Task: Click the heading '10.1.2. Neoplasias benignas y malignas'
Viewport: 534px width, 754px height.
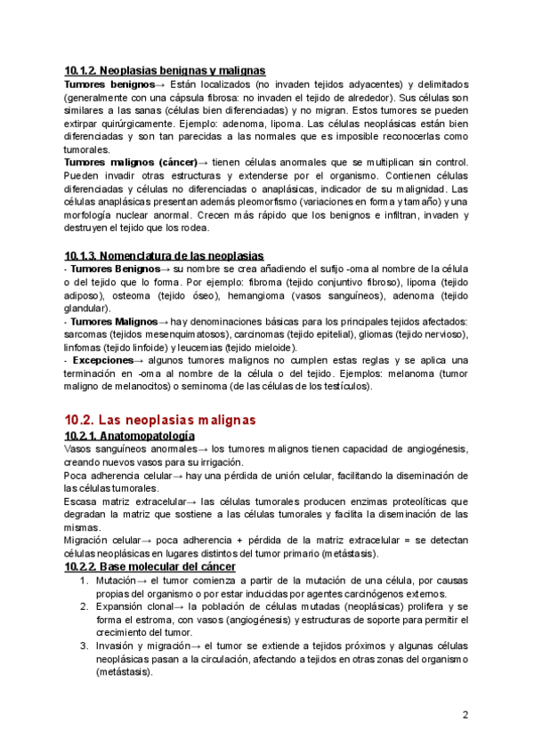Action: pyautogui.click(x=165, y=70)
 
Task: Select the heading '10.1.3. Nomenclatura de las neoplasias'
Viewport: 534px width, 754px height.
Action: pyautogui.click(x=164, y=256)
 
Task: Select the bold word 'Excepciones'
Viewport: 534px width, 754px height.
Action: pyautogui.click(x=101, y=360)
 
